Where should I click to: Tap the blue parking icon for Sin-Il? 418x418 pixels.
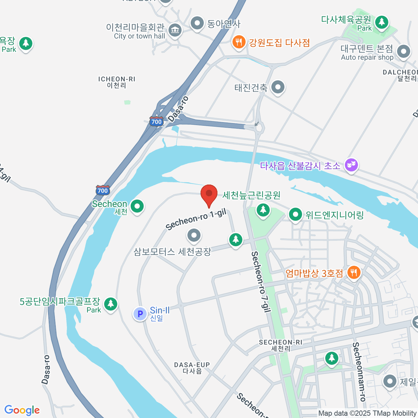tap(140, 314)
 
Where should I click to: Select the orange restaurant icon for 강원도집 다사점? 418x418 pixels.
tap(239, 42)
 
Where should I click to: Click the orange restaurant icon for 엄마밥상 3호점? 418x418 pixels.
tap(354, 272)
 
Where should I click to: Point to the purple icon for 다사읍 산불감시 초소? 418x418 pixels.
tap(351, 165)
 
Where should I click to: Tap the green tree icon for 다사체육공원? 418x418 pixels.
tap(382, 22)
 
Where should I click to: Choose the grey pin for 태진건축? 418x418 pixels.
tap(278, 87)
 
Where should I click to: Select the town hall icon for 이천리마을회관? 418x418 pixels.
tap(175, 30)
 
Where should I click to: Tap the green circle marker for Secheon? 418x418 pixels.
tap(137, 206)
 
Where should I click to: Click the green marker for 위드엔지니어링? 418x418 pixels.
tap(295, 214)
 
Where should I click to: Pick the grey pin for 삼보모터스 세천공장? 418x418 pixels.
tap(194, 235)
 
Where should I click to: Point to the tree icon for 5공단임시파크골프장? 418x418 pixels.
tap(111, 303)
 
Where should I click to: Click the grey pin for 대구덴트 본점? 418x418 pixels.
tap(404, 52)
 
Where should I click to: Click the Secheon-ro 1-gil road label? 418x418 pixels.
tap(196, 220)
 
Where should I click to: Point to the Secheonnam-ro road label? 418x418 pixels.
tap(359, 371)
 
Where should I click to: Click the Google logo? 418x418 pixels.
tap(22, 410)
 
